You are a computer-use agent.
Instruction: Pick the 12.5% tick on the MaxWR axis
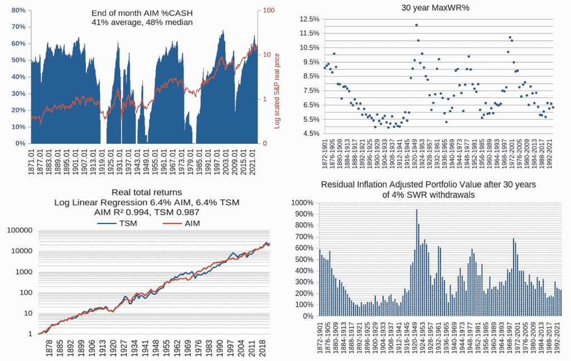click(x=308, y=19)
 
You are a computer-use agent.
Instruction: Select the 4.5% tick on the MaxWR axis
click(x=309, y=134)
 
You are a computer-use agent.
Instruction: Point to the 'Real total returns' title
click(x=147, y=193)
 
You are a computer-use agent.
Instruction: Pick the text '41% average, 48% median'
click(x=142, y=23)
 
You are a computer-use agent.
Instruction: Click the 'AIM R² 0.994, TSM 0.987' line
click(x=147, y=212)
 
